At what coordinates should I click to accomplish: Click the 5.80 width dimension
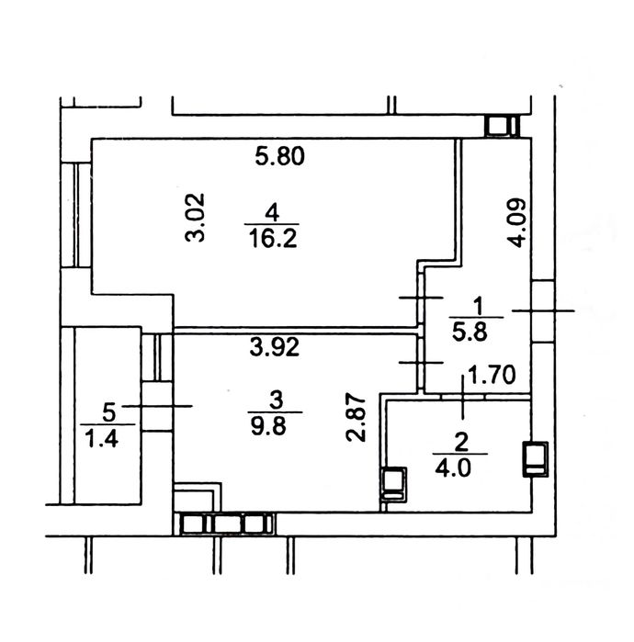pyautogui.click(x=279, y=156)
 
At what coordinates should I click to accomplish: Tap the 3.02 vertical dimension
pyautogui.click(x=195, y=218)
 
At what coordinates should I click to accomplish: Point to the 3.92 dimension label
pyautogui.click(x=275, y=347)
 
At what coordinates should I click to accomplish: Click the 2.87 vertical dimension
pyautogui.click(x=356, y=418)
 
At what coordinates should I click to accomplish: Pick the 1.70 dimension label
pyautogui.click(x=492, y=375)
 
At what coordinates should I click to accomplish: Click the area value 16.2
pyautogui.click(x=273, y=239)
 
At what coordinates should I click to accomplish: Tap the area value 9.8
pyautogui.click(x=268, y=427)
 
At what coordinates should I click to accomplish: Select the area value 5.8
pyautogui.click(x=470, y=332)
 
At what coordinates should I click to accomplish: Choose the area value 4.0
pyautogui.click(x=453, y=468)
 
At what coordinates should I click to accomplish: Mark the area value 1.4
pyautogui.click(x=102, y=438)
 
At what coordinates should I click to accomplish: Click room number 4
pyautogui.click(x=272, y=213)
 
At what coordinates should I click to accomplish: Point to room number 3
pyautogui.click(x=277, y=400)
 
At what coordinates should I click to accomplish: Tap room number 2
pyautogui.click(x=461, y=443)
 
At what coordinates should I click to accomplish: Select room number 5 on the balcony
pyautogui.click(x=109, y=412)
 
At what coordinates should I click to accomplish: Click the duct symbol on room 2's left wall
pyautogui.click(x=393, y=485)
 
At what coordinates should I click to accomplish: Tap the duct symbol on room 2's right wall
pyautogui.click(x=536, y=459)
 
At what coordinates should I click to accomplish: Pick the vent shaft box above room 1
pyautogui.click(x=502, y=126)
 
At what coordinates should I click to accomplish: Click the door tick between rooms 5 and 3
pyautogui.click(x=157, y=406)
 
